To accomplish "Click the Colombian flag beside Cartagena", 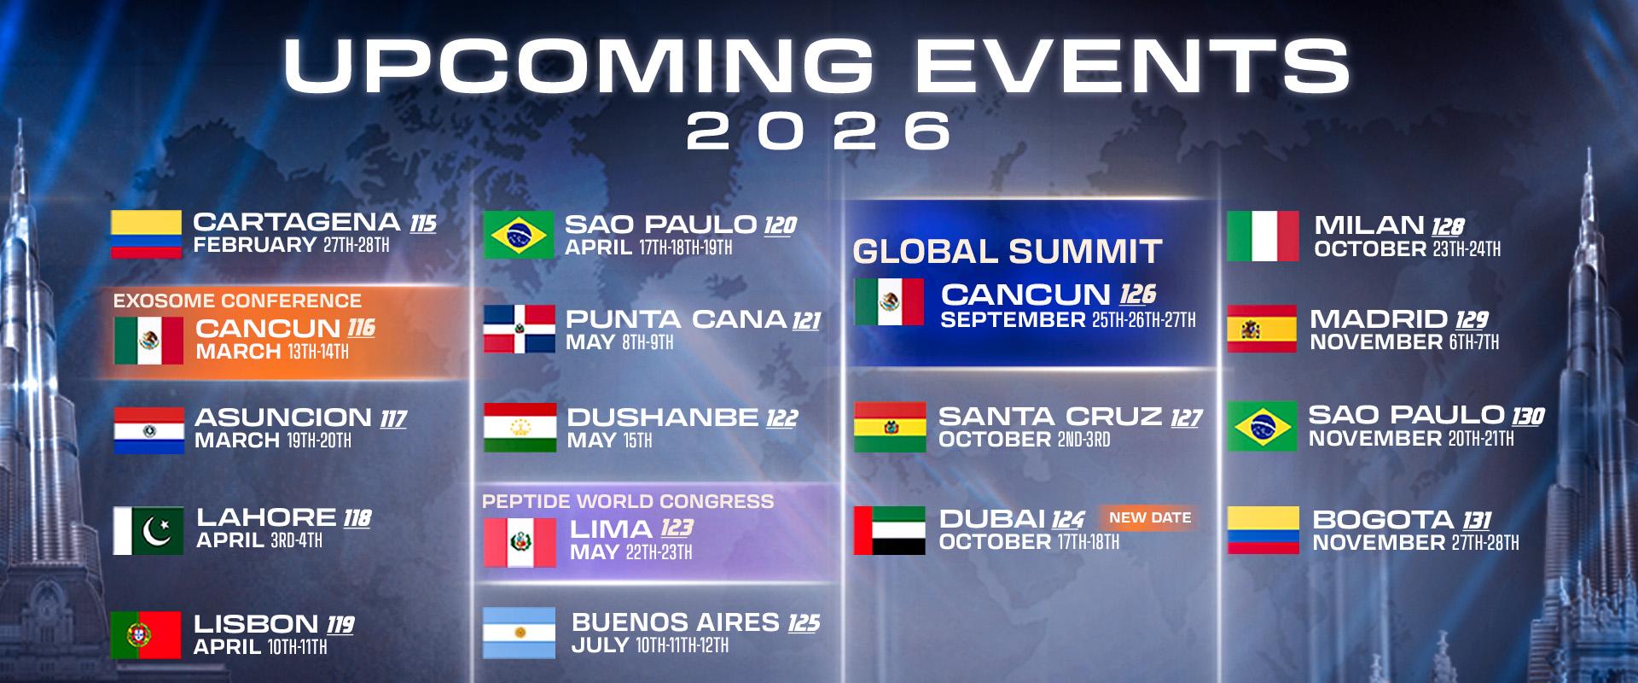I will click(146, 234).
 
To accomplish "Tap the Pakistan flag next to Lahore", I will click(148, 530).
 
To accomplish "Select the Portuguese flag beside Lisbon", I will click(145, 634).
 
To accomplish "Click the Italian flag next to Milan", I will click(1263, 236).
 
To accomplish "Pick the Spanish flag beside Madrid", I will click(1261, 329).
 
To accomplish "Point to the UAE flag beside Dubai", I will click(889, 530).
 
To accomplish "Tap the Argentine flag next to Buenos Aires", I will click(519, 633).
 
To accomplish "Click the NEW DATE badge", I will click(1149, 517).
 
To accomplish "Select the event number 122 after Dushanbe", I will click(781, 418).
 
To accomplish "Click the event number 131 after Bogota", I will click(1477, 520).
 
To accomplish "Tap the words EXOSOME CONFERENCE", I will click(237, 301).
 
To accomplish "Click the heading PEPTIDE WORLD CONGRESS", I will click(627, 501).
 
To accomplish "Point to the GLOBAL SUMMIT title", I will click(1007, 252).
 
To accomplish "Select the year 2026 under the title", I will click(818, 131).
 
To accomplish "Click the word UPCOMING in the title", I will click(578, 66).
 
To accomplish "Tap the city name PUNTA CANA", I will click(676, 319).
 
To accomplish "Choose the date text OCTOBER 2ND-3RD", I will click(1024, 440).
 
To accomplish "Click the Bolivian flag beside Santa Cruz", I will click(890, 426).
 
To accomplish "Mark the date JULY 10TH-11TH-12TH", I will click(649, 645).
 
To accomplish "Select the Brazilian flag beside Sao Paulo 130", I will click(1262, 426).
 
